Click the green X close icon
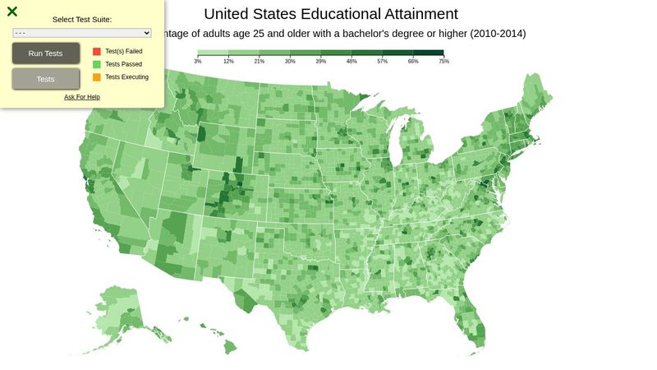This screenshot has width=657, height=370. [x=12, y=12]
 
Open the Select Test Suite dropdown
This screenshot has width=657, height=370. [x=82, y=33]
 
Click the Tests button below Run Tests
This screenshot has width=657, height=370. [x=46, y=79]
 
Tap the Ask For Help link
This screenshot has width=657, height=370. [x=82, y=97]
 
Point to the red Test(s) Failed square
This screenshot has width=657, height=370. [x=97, y=51]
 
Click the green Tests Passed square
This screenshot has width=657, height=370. [x=97, y=64]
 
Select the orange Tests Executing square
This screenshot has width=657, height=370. [x=97, y=77]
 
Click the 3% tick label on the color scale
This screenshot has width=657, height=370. [x=198, y=62]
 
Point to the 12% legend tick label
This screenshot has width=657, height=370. [x=228, y=62]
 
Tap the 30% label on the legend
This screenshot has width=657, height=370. [x=290, y=62]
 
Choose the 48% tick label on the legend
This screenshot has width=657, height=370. [x=351, y=62]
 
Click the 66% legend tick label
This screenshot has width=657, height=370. [x=413, y=62]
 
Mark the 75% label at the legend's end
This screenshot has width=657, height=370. [x=443, y=62]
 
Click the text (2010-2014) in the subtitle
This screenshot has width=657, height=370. [x=493, y=34]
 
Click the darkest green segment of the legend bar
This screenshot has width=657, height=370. [x=428, y=53]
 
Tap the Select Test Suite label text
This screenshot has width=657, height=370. [x=82, y=19]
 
